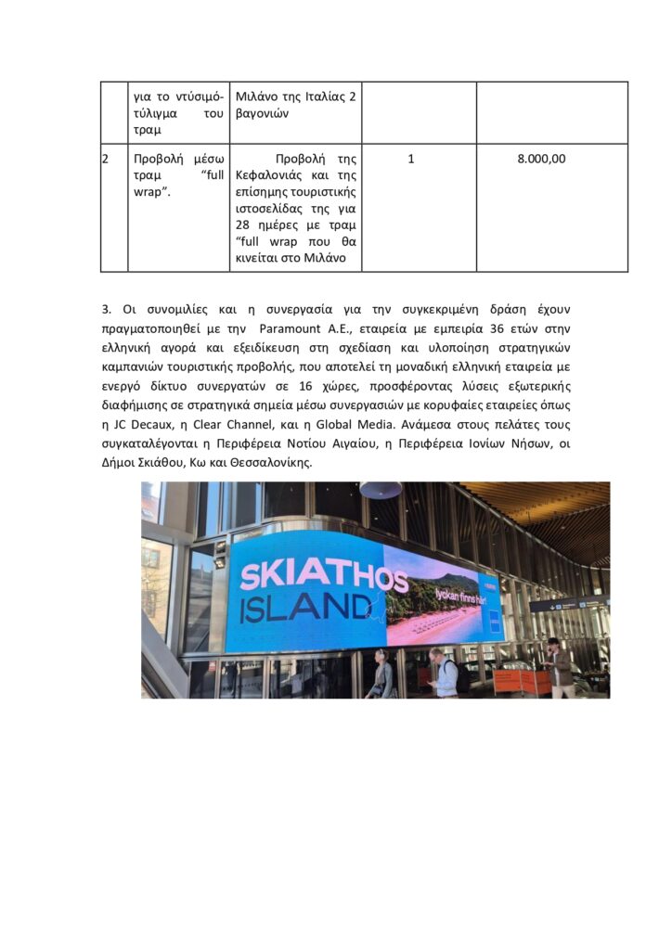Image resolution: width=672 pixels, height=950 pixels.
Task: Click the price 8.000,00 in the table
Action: [541, 159]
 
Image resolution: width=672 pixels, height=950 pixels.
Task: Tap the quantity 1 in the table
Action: [411, 159]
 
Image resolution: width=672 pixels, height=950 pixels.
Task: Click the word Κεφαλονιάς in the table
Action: [269, 174]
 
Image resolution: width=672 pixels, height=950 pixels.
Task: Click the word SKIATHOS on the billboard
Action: [323, 575]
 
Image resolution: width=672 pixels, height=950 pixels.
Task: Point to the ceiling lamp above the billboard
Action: [381, 489]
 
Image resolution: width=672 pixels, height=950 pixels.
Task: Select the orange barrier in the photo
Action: [522, 681]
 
